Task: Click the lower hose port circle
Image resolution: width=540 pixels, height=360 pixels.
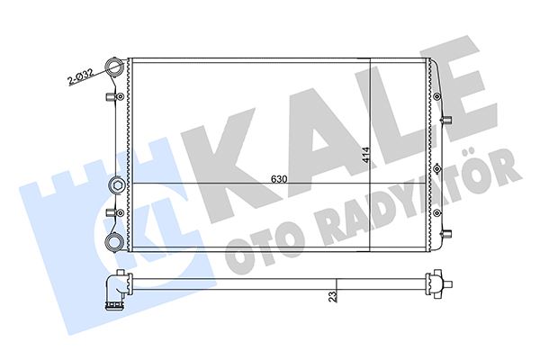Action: coord(115,241)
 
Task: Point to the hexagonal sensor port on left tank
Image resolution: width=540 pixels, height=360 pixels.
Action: coord(115,185)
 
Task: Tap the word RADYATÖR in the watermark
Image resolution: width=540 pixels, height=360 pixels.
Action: coord(405,199)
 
